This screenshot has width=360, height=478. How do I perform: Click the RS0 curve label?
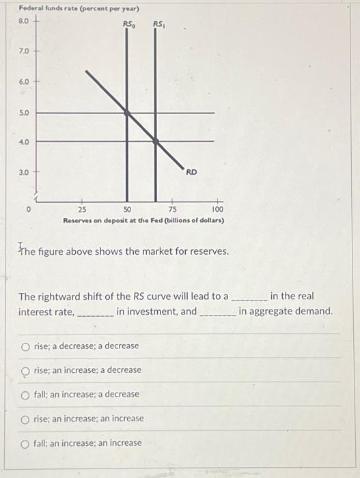click(x=128, y=25)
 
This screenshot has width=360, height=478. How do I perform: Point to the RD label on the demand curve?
click(x=191, y=172)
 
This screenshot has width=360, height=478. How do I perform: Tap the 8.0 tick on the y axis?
click(x=24, y=21)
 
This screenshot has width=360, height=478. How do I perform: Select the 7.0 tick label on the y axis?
click(x=24, y=51)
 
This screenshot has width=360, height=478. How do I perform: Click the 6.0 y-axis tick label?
click(x=24, y=81)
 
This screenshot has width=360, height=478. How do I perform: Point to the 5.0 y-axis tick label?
click(x=24, y=112)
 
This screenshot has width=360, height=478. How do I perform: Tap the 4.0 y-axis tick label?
click(x=24, y=142)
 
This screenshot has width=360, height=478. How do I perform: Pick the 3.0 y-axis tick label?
click(x=24, y=172)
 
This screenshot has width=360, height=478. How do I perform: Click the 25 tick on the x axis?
click(x=82, y=210)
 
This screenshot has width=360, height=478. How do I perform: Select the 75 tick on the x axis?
click(x=173, y=210)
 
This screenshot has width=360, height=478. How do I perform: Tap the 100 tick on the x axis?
click(x=217, y=210)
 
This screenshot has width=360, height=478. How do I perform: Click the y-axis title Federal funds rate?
click(x=79, y=9)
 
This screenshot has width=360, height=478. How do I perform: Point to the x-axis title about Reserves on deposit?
click(x=143, y=221)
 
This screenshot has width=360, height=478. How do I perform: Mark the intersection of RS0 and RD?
click(x=126, y=112)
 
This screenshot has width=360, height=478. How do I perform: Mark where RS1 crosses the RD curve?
click(x=156, y=141)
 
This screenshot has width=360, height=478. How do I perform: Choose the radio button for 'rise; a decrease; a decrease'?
click(x=25, y=346)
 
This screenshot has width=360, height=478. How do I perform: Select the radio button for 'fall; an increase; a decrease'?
click(x=25, y=395)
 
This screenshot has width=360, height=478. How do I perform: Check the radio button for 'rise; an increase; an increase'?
click(x=25, y=419)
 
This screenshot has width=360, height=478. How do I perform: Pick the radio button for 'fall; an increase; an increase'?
click(x=25, y=443)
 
